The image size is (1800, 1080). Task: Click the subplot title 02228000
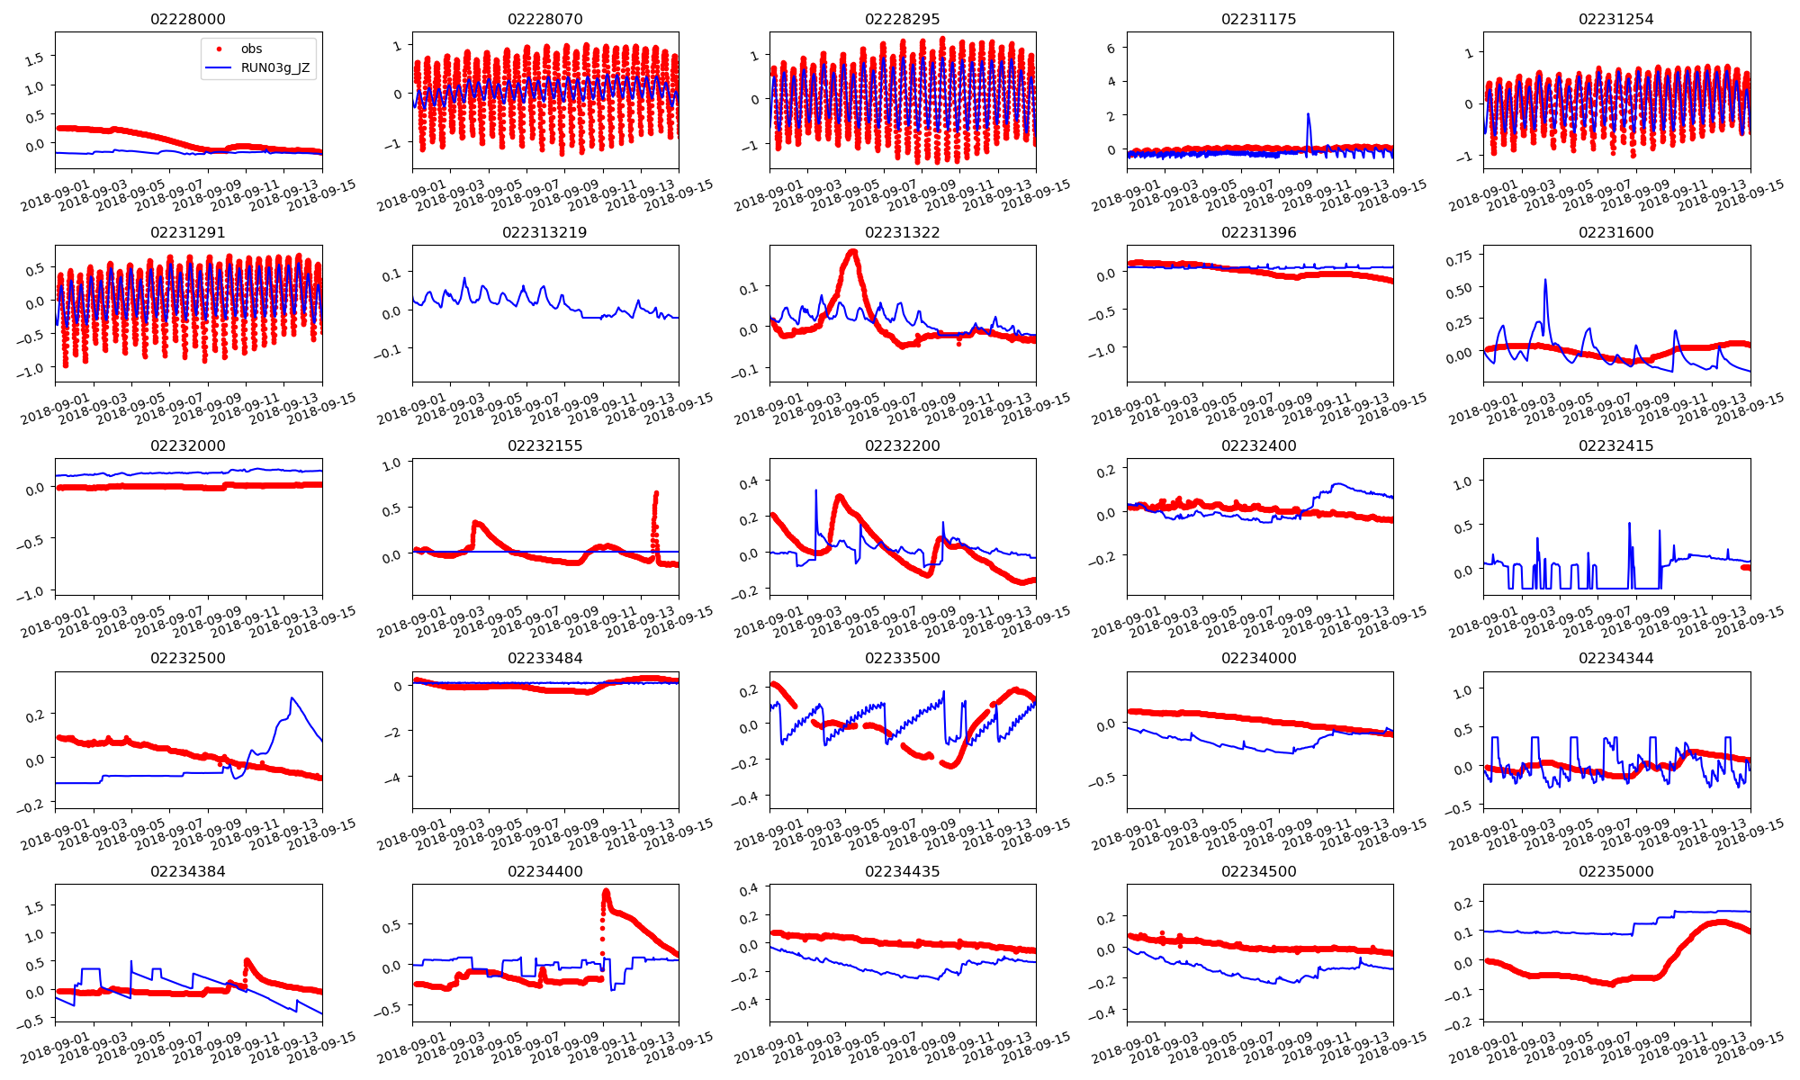pos(187,19)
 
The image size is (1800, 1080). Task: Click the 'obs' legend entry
pos(251,49)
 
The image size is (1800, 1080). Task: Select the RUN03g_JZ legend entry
pos(274,67)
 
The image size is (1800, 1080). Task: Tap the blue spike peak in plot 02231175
pos(1308,114)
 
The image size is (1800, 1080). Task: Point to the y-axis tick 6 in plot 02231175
pos(1111,49)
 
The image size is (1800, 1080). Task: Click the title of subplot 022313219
pos(544,232)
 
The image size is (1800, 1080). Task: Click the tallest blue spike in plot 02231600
pos(1545,280)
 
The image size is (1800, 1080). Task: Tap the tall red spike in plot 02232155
pos(656,493)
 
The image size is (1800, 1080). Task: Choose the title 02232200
pos(902,445)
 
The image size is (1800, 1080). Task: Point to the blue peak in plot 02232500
pos(292,698)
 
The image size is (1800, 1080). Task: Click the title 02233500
pos(902,658)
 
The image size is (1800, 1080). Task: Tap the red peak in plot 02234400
pos(606,892)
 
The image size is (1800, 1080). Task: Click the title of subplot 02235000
pos(1615,871)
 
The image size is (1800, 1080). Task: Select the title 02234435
pos(902,871)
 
